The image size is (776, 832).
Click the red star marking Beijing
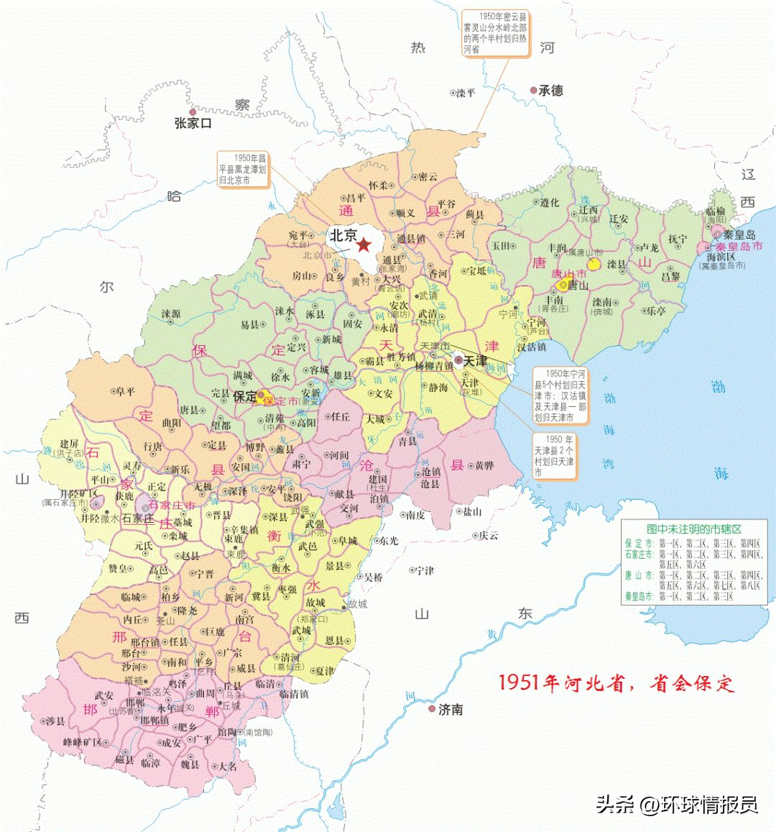[364, 244]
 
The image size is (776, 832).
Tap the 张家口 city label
[193, 123]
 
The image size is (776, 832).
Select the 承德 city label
[551, 91]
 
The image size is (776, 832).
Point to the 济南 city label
[451, 710]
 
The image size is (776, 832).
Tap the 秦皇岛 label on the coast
[739, 234]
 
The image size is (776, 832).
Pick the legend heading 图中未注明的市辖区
[693, 529]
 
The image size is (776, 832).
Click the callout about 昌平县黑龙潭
[242, 169]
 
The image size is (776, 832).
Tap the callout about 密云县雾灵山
[494, 33]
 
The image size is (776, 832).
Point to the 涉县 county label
[55, 721]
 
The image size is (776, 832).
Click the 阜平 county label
[125, 392]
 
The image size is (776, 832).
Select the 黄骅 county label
[484, 466]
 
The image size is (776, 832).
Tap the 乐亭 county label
[655, 311]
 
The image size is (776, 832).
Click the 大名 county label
[227, 767]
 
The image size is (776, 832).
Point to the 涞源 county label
[171, 314]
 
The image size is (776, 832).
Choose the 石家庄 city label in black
[138, 518]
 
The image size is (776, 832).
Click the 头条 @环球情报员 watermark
[676, 803]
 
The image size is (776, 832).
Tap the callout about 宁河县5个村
[560, 396]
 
